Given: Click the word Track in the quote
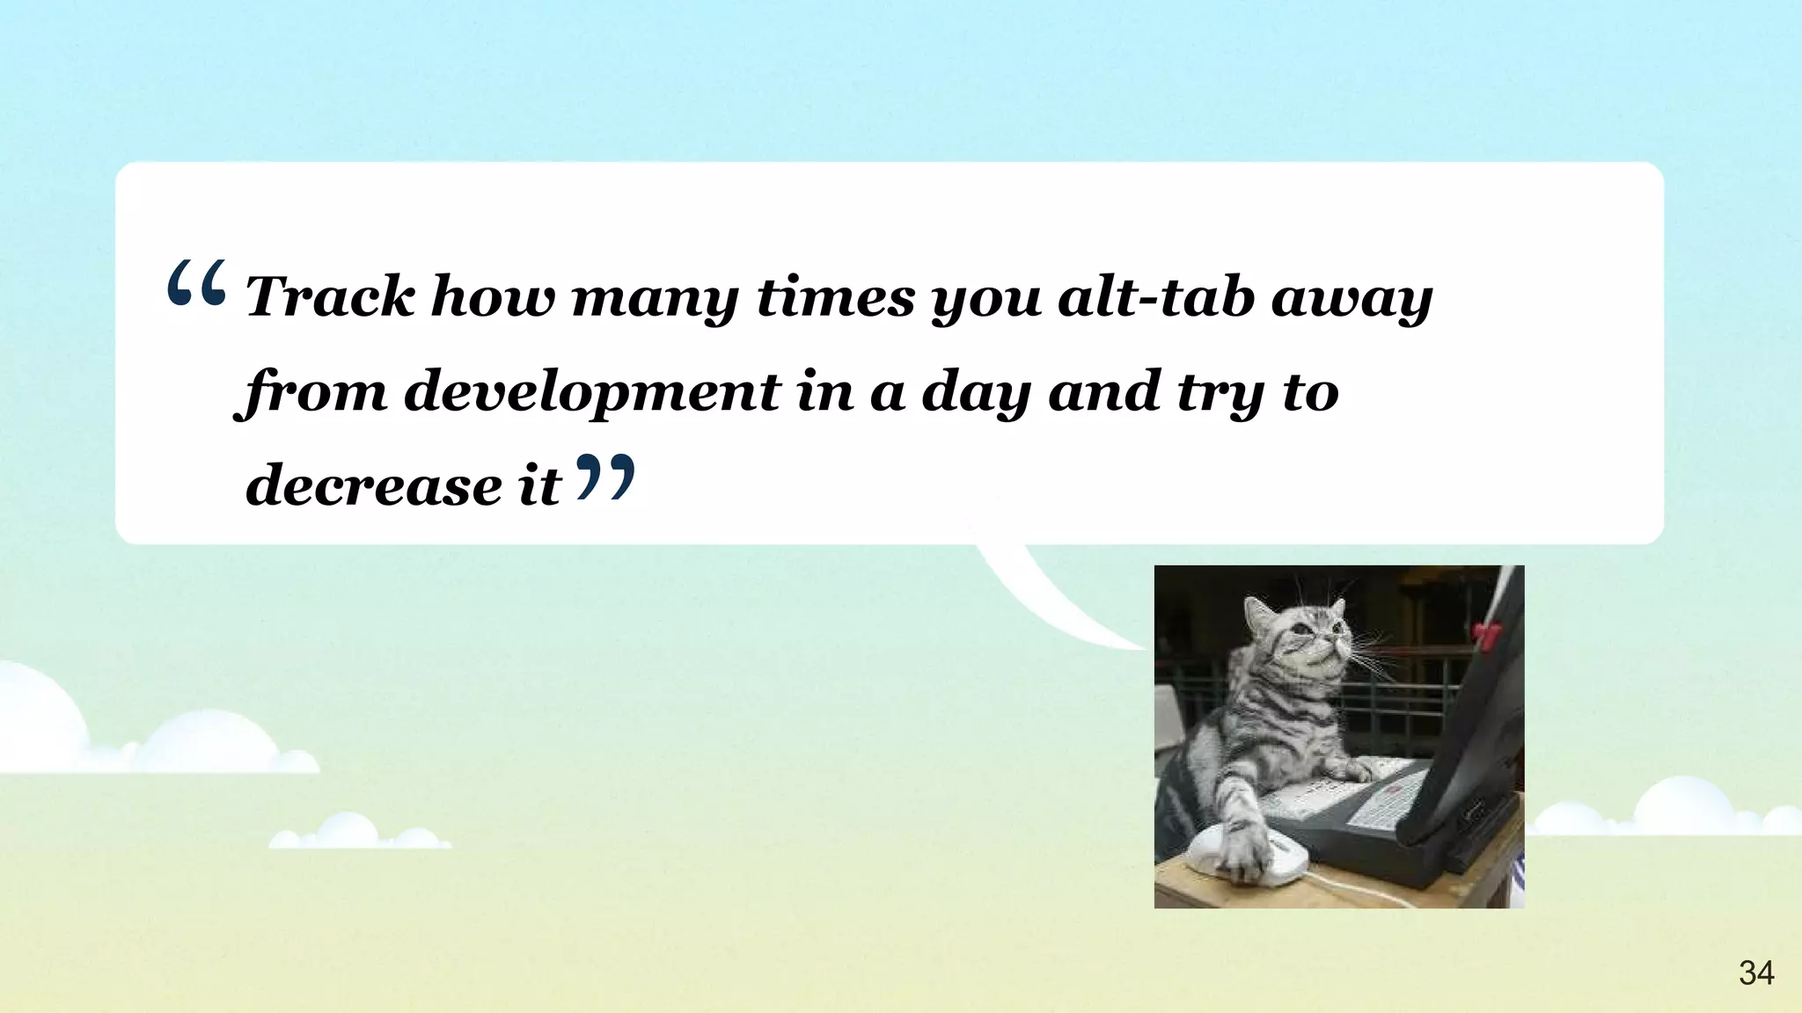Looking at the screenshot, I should pos(329,297).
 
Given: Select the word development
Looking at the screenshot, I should pos(591,392).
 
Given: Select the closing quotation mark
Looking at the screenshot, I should pos(605,477).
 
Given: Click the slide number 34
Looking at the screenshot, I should pos(1756,973).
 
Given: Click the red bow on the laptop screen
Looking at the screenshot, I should pos(1486,635).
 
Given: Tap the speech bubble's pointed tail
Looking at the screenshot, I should pos(1056,598).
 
